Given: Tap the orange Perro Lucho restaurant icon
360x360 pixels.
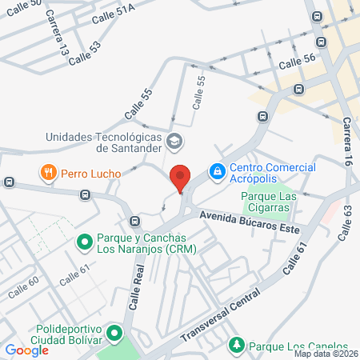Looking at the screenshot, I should coord(49,173).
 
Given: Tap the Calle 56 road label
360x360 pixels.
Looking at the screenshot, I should coord(298,60).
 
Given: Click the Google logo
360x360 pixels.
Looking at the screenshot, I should coord(26,350).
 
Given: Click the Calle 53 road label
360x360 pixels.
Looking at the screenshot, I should coord(85,54).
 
